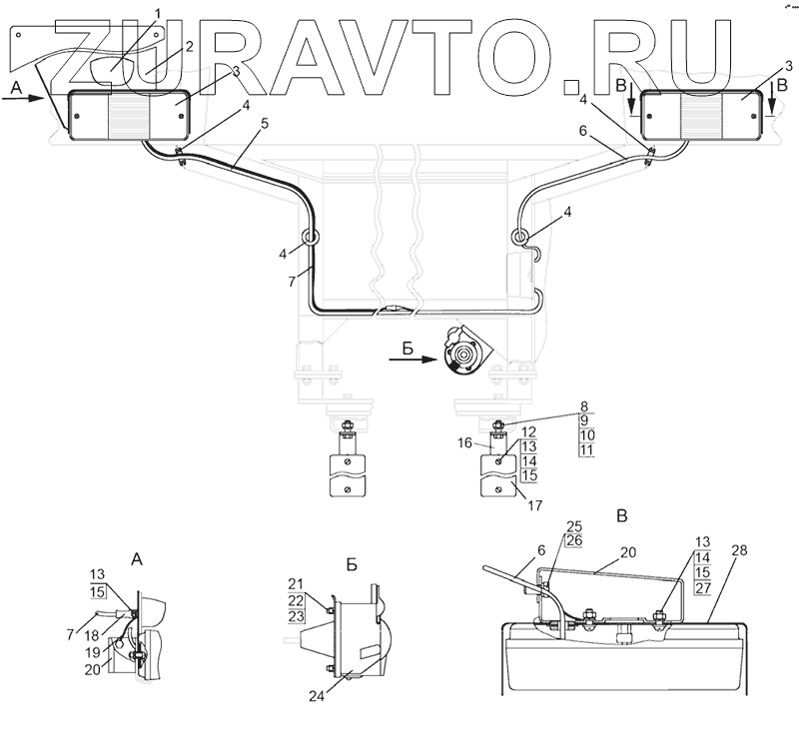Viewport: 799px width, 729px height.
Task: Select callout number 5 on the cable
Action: [264, 126]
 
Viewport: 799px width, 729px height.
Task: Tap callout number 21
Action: [295, 583]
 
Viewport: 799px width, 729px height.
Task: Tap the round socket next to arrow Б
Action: [461, 354]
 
